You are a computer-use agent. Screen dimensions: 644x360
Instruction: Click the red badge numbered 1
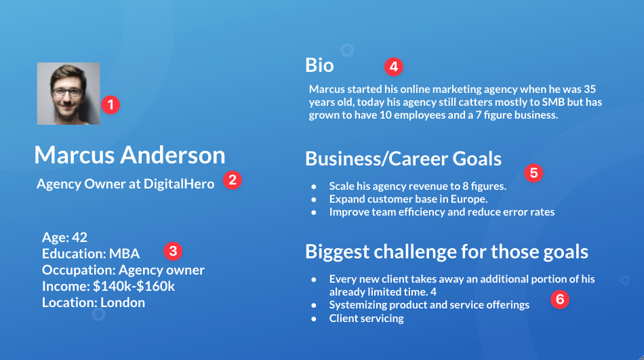click(110, 105)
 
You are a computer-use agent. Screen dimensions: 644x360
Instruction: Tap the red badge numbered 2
click(233, 180)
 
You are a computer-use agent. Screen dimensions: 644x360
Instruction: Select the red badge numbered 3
click(173, 251)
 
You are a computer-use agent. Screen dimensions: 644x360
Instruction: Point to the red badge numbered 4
click(393, 66)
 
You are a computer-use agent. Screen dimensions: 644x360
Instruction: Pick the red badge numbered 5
click(534, 173)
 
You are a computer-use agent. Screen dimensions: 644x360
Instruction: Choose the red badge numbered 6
click(560, 299)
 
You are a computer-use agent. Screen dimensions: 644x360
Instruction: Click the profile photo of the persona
click(68, 94)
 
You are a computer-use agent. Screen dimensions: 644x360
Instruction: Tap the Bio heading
click(319, 65)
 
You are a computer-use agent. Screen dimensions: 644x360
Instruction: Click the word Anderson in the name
click(173, 155)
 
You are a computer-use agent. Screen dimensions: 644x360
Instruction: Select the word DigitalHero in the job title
click(179, 184)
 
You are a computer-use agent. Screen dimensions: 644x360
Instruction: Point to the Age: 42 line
click(64, 237)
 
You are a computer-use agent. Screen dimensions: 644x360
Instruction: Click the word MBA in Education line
click(124, 254)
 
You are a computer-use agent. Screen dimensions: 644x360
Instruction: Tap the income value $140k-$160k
click(134, 286)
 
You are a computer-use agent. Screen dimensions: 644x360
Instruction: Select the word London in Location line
click(123, 302)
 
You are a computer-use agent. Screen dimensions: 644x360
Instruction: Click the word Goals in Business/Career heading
click(477, 159)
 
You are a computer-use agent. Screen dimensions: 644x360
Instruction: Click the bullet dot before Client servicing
click(314, 319)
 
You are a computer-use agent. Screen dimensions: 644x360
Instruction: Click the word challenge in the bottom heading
click(415, 252)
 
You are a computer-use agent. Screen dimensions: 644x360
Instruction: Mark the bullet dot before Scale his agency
click(314, 186)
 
